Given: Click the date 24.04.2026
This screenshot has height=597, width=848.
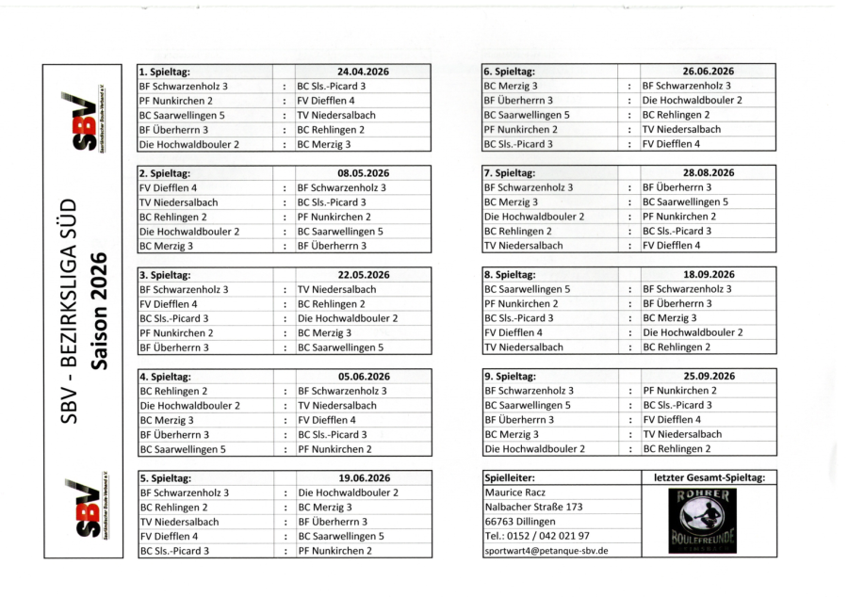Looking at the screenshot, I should coord(363,72).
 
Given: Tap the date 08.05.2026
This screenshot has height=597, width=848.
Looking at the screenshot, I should coord(363,173).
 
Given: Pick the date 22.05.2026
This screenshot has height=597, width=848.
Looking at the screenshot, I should coord(363,275).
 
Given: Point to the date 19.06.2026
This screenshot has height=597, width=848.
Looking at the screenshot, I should coord(363,478).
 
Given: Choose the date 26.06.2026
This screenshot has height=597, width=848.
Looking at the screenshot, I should coord(708,72).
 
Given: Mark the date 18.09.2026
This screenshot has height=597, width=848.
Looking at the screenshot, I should coord(708,275).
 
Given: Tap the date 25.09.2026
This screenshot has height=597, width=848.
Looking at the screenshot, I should coord(708,377).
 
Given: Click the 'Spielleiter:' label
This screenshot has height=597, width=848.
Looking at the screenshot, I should coord(510,478).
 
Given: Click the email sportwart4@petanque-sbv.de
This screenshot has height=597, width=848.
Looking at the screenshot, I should coord(546,551).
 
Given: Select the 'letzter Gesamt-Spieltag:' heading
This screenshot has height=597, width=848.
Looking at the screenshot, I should coord(708,478).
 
